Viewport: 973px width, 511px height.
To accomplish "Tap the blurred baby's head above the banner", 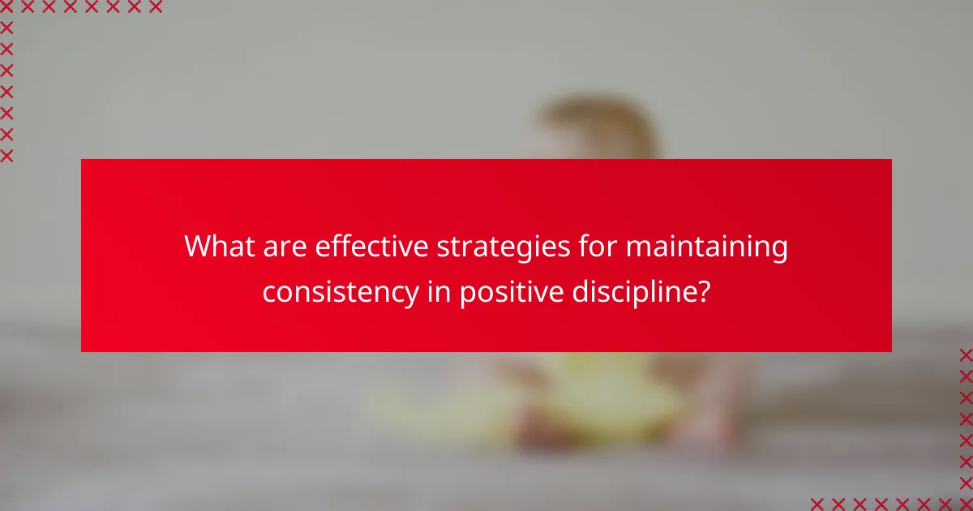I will click(x=596, y=130).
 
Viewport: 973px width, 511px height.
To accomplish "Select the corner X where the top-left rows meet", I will click(x=6, y=7).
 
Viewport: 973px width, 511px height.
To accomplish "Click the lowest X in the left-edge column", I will click(x=6, y=156).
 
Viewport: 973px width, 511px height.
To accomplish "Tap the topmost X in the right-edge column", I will click(x=966, y=354).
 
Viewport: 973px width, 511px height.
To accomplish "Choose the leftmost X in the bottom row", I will click(x=817, y=504).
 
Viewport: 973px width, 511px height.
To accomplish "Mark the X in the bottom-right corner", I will click(x=966, y=504).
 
